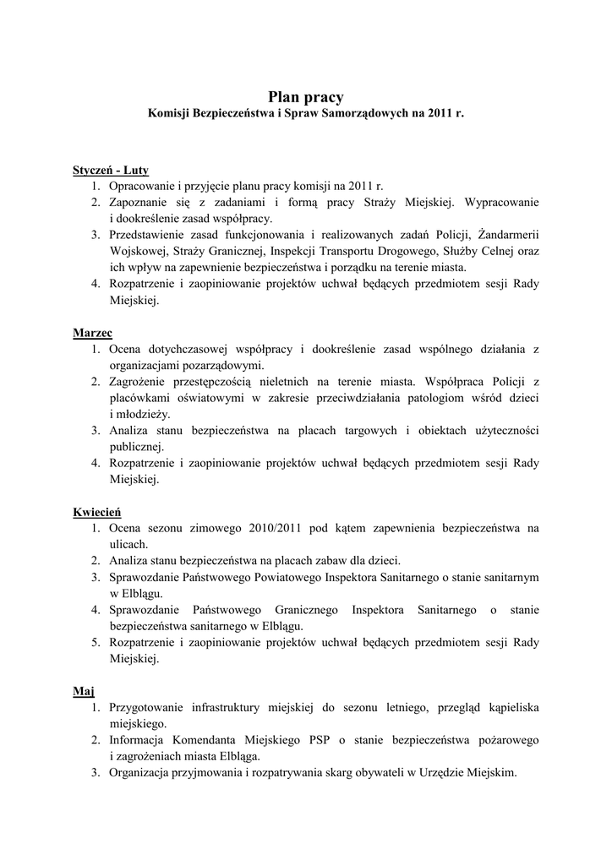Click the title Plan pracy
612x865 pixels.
tap(306, 97)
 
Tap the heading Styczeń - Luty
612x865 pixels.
tap(111, 170)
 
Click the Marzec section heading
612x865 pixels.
tap(92, 333)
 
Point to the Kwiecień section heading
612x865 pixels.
tap(97, 512)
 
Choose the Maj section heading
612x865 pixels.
tap(84, 691)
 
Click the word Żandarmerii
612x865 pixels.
tap(508, 235)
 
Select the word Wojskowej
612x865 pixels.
tap(139, 251)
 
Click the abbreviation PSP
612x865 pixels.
tap(308, 740)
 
